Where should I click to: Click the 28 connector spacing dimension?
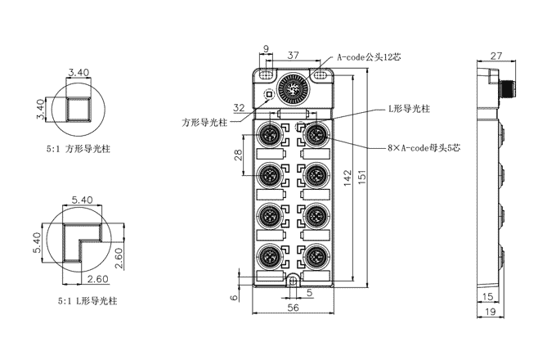point(238,155)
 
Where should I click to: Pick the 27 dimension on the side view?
point(495,56)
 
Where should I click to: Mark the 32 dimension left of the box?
point(239,107)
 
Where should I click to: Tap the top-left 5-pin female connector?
point(270,134)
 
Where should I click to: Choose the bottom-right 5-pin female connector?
point(315,258)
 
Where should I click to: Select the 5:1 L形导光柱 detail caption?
point(80,300)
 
